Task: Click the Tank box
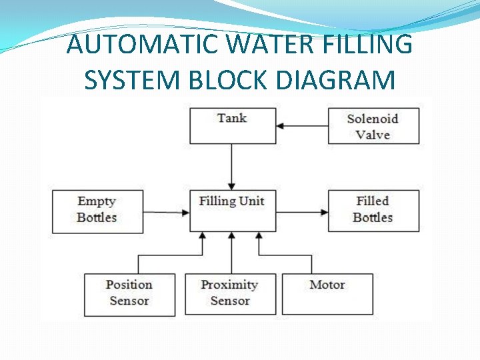pos(232,125)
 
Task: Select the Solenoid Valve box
pos(373,125)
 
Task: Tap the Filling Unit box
pos(232,211)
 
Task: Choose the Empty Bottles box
pos(97,211)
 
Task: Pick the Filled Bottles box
pos(373,211)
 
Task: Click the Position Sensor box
pos(129,294)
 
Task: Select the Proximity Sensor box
pos(229,294)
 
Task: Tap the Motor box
pos(327,294)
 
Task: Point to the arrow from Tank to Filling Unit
pos(232,167)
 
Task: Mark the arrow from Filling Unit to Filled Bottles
pos(301,213)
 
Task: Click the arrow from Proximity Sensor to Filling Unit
pos(231,253)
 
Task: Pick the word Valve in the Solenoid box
pos(373,135)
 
